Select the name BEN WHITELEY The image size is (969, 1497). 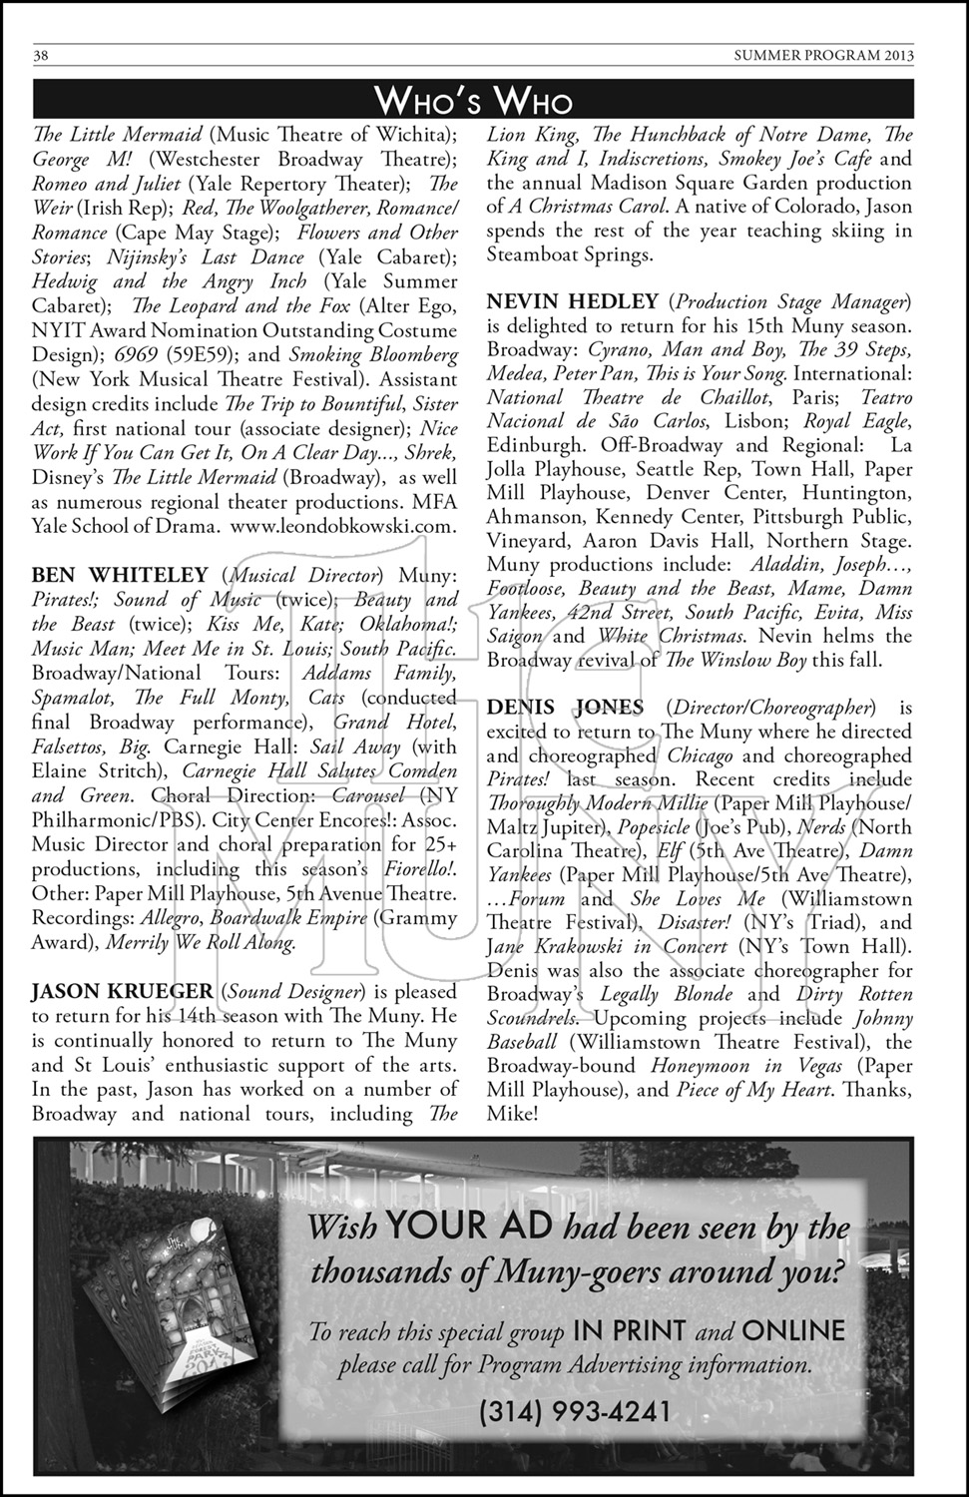(x=120, y=575)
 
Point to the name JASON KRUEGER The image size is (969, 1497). (x=123, y=991)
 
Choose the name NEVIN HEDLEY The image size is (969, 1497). (x=573, y=301)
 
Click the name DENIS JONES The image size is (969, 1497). (x=565, y=708)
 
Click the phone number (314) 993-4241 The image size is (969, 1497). (x=575, y=1411)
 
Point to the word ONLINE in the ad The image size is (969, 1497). (x=793, y=1330)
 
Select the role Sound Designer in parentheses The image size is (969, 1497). (x=304, y=991)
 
